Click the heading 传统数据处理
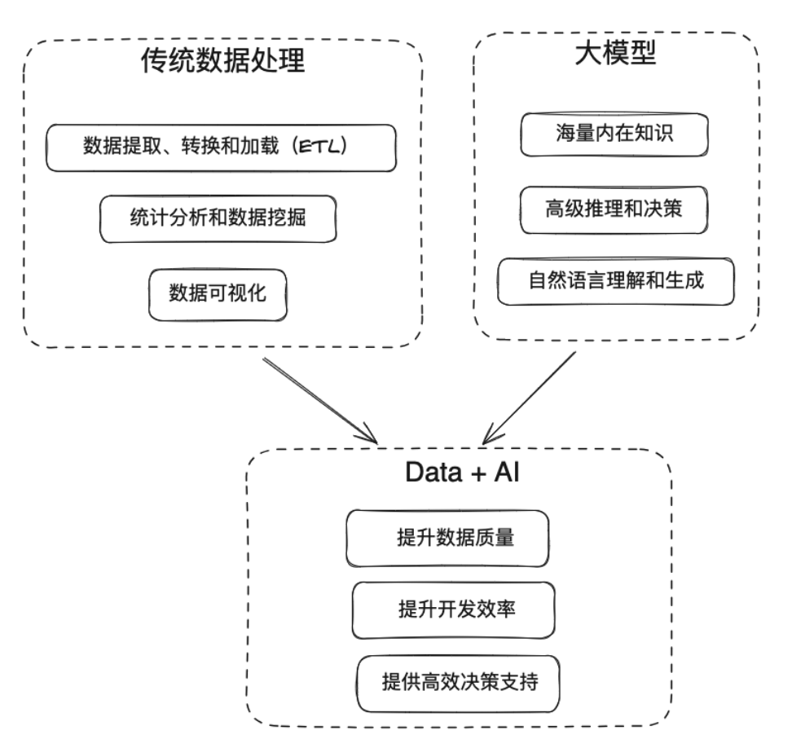click(x=223, y=61)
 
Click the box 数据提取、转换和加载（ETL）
click(x=221, y=147)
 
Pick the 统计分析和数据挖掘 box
click(x=218, y=218)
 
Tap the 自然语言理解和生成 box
click(x=616, y=281)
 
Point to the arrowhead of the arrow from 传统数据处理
click(x=371, y=436)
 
